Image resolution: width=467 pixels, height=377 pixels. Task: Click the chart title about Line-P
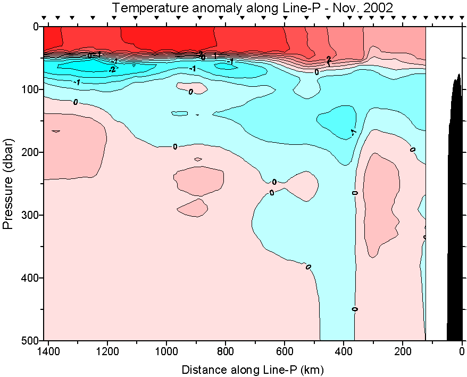pos(253,7)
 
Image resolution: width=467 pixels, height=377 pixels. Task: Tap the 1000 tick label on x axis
pos(167,351)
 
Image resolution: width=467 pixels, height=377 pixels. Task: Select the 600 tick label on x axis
pos(285,351)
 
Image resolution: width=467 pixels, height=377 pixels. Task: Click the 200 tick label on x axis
pos(403,351)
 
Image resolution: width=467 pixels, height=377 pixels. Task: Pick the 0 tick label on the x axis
pos(462,351)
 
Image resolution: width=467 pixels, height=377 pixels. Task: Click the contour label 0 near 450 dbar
pos(355,309)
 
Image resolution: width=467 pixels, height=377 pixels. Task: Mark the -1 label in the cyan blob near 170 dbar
pos(353,132)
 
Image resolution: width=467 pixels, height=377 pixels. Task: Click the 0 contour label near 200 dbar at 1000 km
pos(175,146)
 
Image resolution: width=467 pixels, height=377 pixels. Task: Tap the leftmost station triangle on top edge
pos(45,18)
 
